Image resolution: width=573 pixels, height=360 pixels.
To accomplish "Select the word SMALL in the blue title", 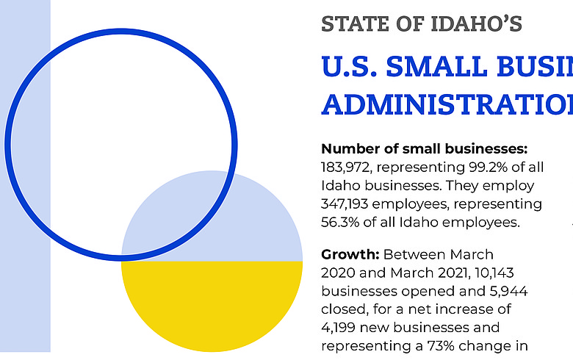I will point(458,68).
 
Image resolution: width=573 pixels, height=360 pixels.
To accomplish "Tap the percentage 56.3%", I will point(345,222).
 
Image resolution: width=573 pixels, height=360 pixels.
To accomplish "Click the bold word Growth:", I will point(350,254).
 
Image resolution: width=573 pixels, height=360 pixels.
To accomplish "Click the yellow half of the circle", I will point(212,301).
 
